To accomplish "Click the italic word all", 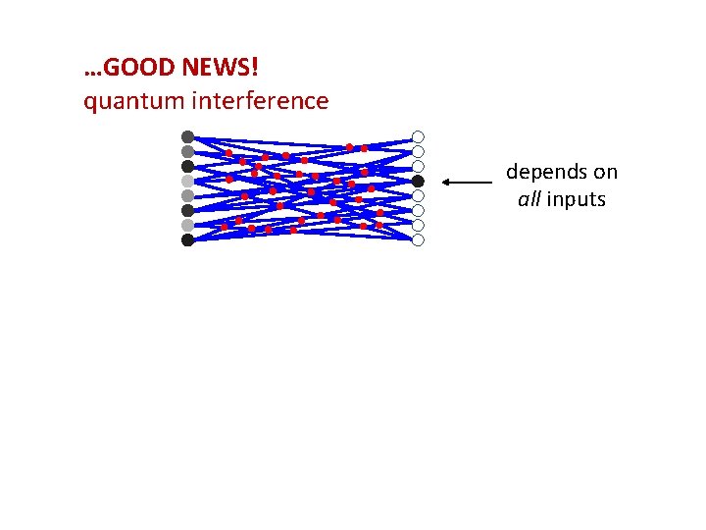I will click(x=529, y=200).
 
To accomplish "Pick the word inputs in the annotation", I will click(x=577, y=200).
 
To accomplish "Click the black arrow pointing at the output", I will click(x=467, y=182).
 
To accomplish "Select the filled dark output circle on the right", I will click(x=418, y=181).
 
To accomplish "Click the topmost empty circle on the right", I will click(x=418, y=136).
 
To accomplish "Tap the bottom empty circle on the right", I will click(x=418, y=239).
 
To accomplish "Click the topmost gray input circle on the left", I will click(x=187, y=136).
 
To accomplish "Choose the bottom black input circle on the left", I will click(x=187, y=239).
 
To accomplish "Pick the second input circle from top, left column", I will click(x=187, y=151).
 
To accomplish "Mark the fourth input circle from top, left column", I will click(x=187, y=181).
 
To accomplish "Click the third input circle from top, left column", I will click(x=187, y=166).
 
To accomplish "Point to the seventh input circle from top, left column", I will click(x=187, y=225).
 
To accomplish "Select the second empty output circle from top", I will click(x=418, y=151).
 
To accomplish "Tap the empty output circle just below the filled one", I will click(x=418, y=195).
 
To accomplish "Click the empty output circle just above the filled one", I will click(x=418, y=166).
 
